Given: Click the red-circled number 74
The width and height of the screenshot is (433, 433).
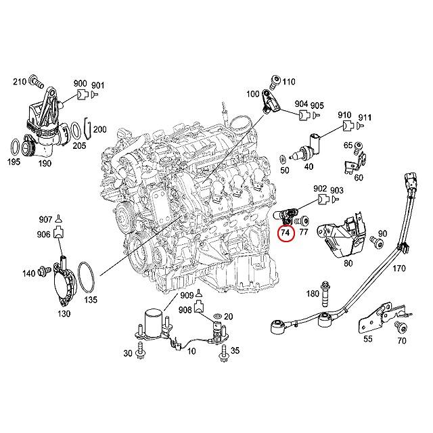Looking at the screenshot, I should coord(286,232).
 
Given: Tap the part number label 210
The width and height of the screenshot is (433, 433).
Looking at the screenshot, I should coord(19,82).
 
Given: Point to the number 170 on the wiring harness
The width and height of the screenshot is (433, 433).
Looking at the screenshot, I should coord(398,269).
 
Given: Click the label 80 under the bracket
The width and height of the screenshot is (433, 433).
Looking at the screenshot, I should coord(348,263).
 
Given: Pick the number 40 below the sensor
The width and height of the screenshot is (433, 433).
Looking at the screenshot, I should coord(309,166).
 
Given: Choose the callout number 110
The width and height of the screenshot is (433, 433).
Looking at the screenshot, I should coord(289,82).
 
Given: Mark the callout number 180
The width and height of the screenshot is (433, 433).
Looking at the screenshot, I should coord(312,294).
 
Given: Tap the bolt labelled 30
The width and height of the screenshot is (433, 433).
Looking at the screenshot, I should coord(142,348).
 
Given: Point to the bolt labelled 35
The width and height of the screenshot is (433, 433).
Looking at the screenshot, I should coord(223,350).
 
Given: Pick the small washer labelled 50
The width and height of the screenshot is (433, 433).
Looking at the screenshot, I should coord(282,160).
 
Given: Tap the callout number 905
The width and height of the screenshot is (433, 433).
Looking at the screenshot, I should coord(318,105).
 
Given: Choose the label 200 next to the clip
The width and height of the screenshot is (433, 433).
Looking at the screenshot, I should coord(99,129).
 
